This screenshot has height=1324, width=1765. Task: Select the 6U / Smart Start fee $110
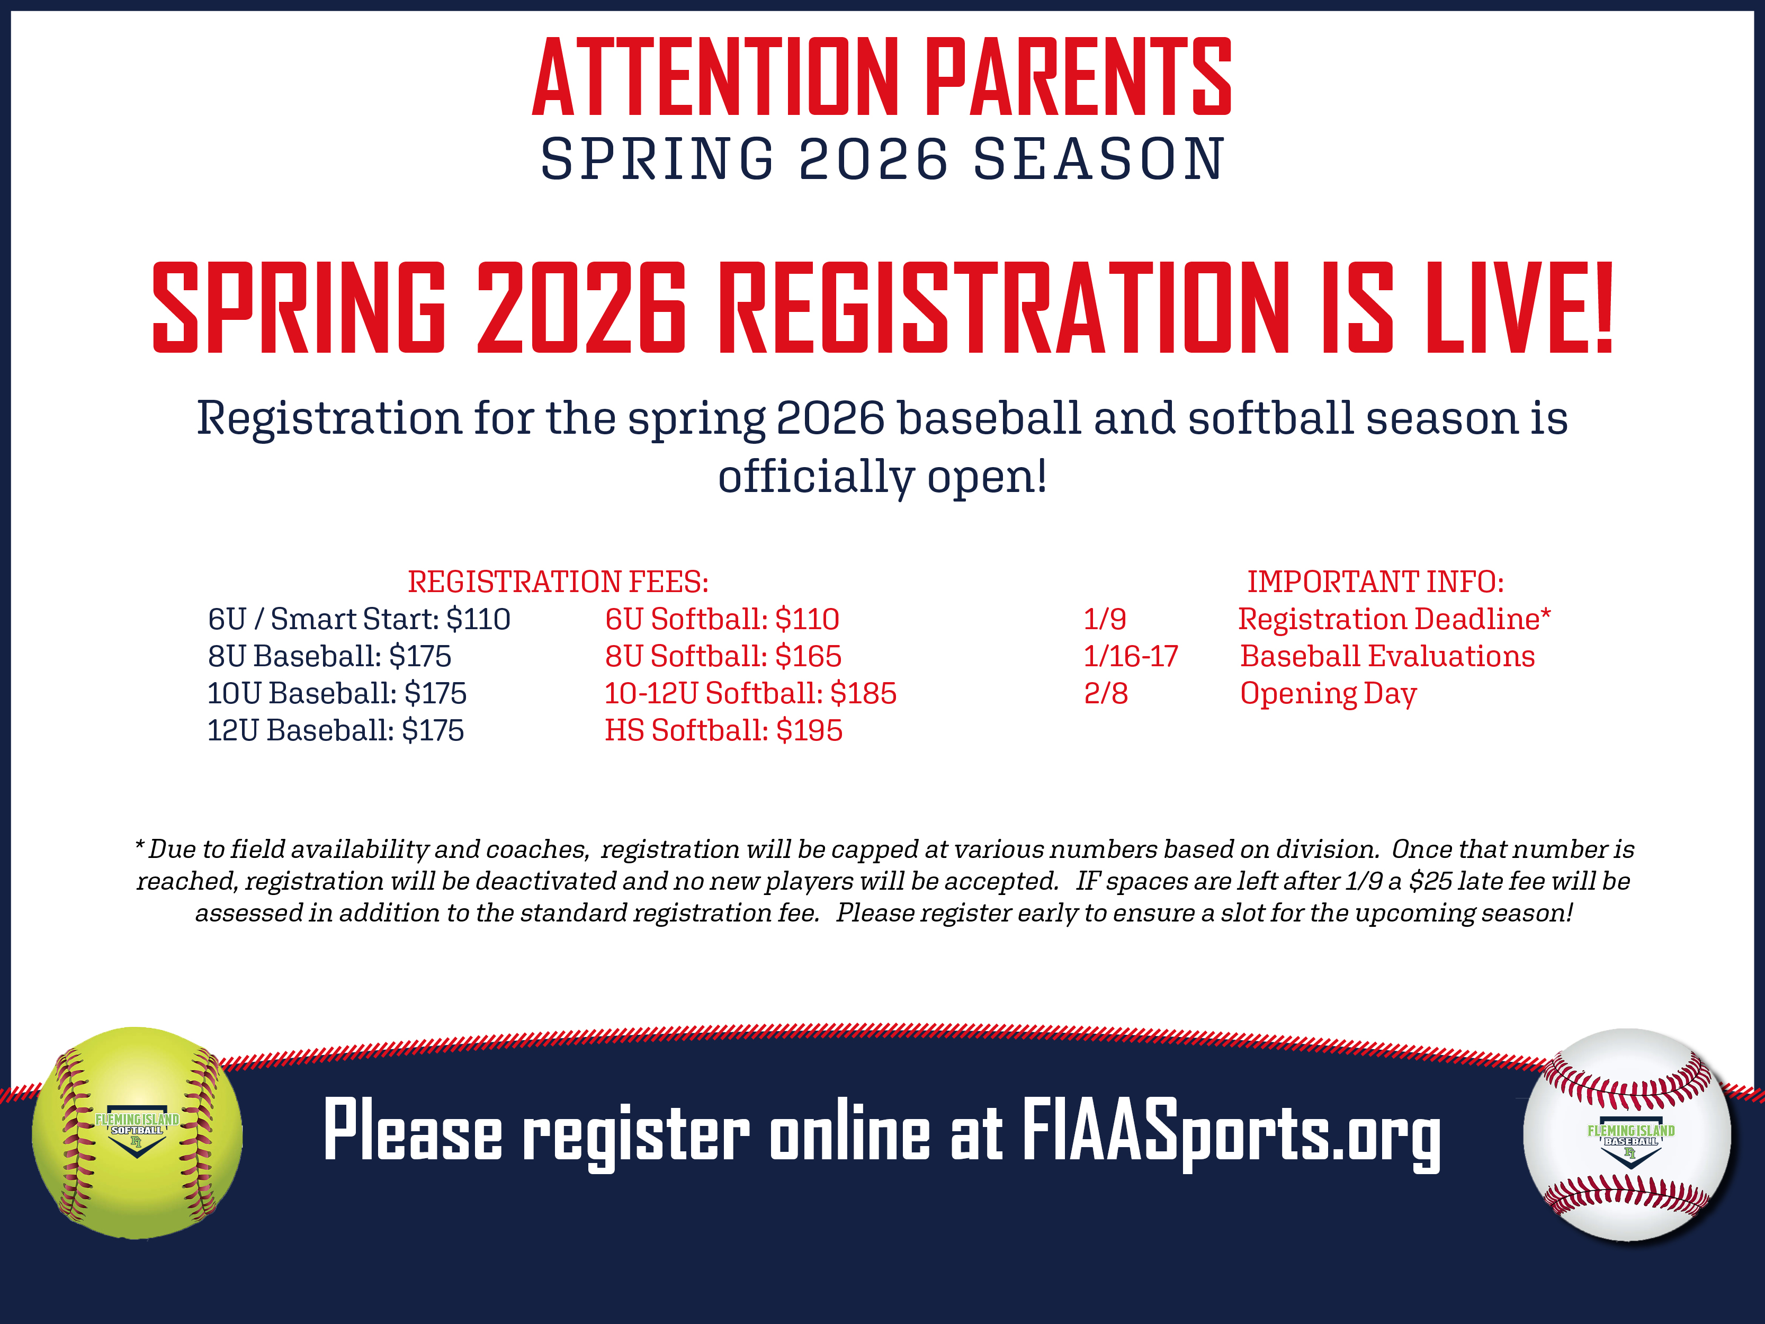pos(478,619)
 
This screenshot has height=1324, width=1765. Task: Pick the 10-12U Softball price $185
pos(863,694)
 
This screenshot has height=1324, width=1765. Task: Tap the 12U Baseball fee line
pos(336,730)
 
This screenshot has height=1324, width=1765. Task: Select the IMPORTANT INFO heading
pos(1376,582)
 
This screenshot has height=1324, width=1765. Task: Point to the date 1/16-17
pos(1131,656)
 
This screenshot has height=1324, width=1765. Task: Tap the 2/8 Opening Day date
pos(1106,694)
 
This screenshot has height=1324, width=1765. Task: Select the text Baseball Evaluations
pos(1387,656)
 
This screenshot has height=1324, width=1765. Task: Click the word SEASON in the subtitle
pos(1099,159)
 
